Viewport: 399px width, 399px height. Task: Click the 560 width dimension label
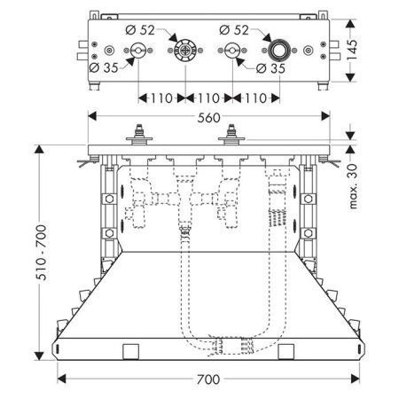[208, 118]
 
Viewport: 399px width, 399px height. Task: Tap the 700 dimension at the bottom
[208, 379]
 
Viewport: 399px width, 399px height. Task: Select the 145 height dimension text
[352, 50]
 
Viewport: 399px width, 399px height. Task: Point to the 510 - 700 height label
[41, 253]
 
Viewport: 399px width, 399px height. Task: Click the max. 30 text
[353, 186]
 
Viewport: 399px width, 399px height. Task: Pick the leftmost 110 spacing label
[161, 98]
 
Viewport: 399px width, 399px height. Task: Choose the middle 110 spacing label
[208, 98]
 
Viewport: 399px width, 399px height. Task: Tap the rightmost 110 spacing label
[256, 98]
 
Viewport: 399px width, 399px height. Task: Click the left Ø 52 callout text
[140, 30]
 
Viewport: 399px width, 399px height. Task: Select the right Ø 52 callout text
[234, 30]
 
